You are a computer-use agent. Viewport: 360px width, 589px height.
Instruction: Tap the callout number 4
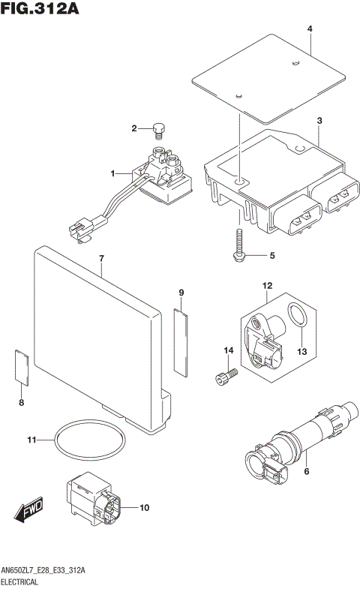point(309,29)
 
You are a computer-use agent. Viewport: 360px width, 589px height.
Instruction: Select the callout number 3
point(319,121)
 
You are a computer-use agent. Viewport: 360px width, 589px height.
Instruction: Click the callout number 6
point(306,470)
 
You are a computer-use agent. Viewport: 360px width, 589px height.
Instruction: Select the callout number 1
point(112,174)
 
